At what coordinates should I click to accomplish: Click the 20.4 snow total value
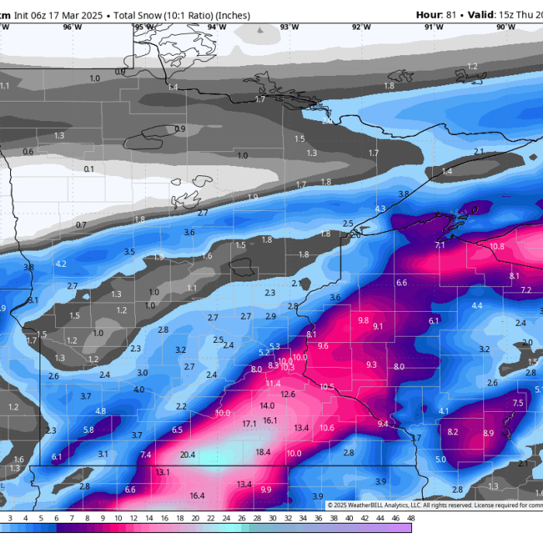click(x=188, y=455)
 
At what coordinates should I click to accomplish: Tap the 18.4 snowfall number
click(x=263, y=452)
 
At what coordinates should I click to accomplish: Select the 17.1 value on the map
click(x=249, y=424)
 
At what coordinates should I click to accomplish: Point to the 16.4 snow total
click(x=197, y=495)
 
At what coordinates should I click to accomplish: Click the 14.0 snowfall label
click(x=267, y=406)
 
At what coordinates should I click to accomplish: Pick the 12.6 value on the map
click(x=288, y=394)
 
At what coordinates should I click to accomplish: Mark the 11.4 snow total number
click(x=273, y=383)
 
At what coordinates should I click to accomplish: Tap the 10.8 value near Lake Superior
click(x=497, y=246)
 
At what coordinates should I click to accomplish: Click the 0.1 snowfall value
click(x=89, y=168)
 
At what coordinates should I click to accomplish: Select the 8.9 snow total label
click(x=488, y=433)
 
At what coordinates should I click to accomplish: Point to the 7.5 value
click(x=517, y=403)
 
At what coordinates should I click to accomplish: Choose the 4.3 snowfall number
click(x=379, y=209)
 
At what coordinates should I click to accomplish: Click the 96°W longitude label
click(x=72, y=26)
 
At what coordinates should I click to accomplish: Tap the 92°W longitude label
click(x=361, y=26)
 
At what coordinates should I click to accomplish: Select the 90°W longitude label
click(x=505, y=26)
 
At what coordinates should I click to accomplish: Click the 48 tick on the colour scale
click(x=410, y=518)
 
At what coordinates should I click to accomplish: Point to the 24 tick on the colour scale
click(x=225, y=518)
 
